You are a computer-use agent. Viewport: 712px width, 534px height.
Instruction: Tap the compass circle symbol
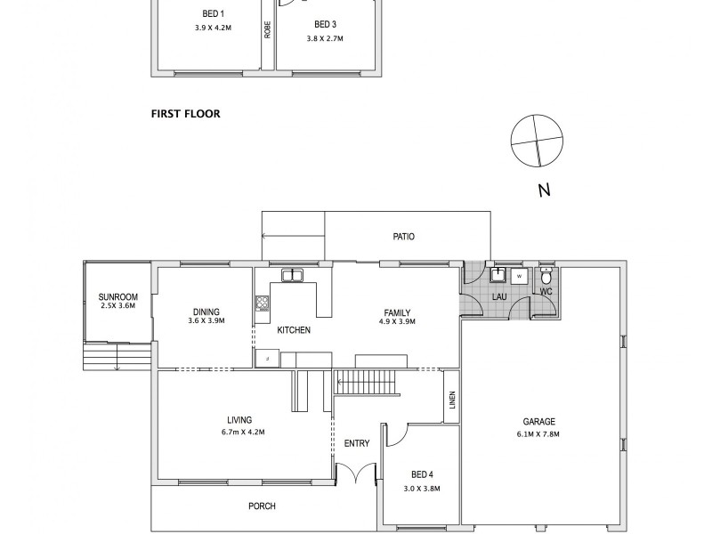coord(538,141)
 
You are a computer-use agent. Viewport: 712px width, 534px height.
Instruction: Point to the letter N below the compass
coord(544,190)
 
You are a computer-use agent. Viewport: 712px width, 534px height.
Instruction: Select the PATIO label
coord(404,237)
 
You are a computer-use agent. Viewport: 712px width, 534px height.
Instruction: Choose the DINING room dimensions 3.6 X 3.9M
coord(206,321)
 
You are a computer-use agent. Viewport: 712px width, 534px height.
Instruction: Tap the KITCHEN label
coord(294,330)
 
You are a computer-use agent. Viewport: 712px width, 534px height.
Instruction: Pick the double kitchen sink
coord(291,275)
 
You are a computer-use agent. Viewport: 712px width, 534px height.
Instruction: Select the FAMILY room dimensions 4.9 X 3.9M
coord(397,322)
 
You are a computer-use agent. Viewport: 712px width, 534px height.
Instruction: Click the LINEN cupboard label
coord(452,402)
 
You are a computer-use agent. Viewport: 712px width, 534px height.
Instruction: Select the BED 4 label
coord(421,474)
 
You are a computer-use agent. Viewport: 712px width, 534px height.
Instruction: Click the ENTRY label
coord(356,443)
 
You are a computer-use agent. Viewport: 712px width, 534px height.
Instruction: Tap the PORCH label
coord(262,506)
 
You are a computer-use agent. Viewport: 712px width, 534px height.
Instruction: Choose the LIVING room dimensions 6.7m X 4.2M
coord(239,432)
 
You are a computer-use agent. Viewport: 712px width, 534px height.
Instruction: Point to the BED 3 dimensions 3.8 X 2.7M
coord(325,39)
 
